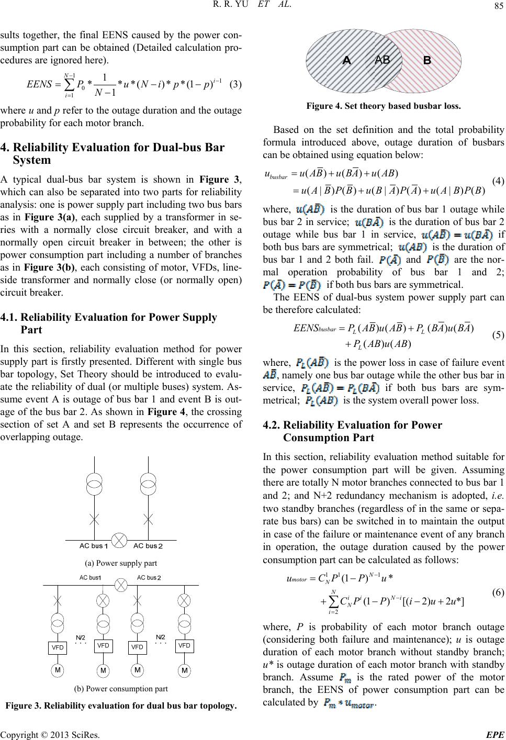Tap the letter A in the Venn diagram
point(346,61)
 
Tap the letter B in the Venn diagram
point(426,61)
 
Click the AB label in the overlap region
point(383,60)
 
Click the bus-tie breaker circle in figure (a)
point(121,540)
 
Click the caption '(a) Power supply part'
point(121,563)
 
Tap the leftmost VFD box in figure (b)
point(58,647)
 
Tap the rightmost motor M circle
point(184,670)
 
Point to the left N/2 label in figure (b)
point(81,637)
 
